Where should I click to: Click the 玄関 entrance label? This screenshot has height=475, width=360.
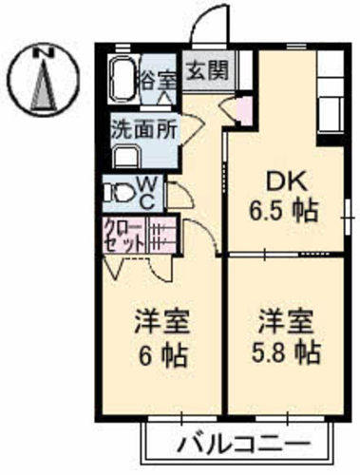(207, 70)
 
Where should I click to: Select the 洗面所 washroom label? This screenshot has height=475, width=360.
(144, 129)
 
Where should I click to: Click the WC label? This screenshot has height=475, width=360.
(146, 193)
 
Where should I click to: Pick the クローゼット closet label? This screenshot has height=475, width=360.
(123, 236)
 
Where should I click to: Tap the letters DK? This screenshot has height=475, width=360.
(287, 182)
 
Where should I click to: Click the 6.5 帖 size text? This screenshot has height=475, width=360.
(283, 211)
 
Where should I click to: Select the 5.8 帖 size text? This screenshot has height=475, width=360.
(286, 352)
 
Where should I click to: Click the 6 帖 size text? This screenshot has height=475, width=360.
(162, 355)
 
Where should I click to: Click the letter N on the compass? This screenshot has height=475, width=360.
(43, 52)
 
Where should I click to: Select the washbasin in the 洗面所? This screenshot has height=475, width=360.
(125, 157)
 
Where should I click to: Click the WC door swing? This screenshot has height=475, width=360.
(180, 196)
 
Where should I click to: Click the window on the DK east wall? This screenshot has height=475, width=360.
(348, 218)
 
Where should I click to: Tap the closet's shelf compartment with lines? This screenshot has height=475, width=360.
(161, 235)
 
